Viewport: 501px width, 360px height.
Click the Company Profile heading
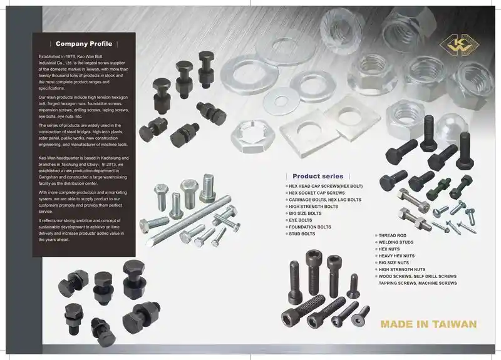pyautogui.click(x=84, y=44)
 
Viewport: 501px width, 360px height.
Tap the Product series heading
pyautogui.click(x=318, y=177)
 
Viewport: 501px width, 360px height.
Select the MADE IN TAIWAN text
pyautogui.click(x=428, y=324)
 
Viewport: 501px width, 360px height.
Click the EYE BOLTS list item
pyautogui.click(x=301, y=220)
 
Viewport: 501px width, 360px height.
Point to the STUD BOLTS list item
pyautogui.click(x=302, y=234)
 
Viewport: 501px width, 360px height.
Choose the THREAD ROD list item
pyautogui.click(x=393, y=235)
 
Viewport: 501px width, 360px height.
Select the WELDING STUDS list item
pyautogui.click(x=397, y=242)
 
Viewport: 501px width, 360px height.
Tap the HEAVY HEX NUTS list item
pyautogui.click(x=397, y=255)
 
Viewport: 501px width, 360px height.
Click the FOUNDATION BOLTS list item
pyautogui.click(x=310, y=227)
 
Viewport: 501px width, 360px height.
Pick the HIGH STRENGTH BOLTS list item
pyautogui.click(x=313, y=207)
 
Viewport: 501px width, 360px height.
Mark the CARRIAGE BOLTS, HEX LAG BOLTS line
pyautogui.click(x=325, y=200)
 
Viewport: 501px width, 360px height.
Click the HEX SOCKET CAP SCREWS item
pyautogui.click(x=317, y=193)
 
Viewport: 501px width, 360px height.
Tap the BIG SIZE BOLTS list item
pyautogui.click(x=306, y=213)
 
